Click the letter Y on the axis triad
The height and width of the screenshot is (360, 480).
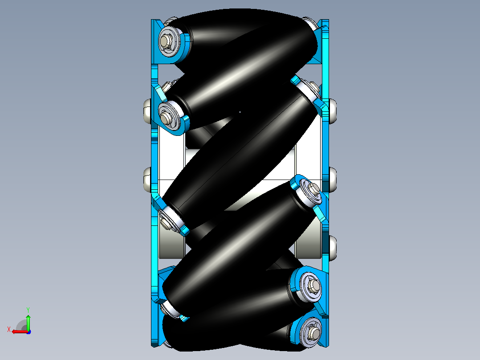pyautogui.click(x=28, y=310)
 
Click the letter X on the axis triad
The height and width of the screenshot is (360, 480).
pyautogui.click(x=9, y=330)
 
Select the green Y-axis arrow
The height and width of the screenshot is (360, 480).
pyautogui.click(x=28, y=322)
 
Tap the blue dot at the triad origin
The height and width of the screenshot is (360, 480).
pyautogui.click(x=28, y=332)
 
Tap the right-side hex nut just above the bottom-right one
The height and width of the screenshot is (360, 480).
pyautogui.click(x=314, y=286)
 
